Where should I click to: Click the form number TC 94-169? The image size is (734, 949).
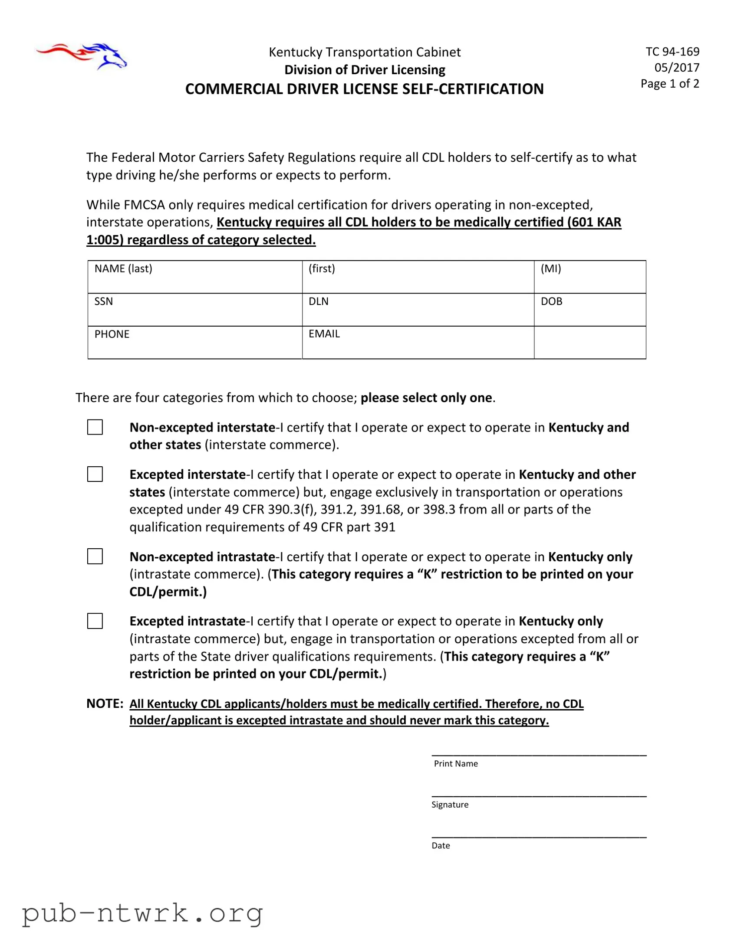point(672,52)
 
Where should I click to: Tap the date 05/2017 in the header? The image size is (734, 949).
point(677,68)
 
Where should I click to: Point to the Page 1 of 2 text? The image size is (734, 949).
point(670,83)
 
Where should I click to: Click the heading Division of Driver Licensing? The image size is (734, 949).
point(364,70)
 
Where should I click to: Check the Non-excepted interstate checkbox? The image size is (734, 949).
point(95,427)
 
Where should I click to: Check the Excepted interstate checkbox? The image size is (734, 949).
point(95,474)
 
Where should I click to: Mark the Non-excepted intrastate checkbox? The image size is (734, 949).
point(95,556)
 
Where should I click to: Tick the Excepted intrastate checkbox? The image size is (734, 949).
point(95,621)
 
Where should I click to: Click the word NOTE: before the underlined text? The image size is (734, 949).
point(105,704)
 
